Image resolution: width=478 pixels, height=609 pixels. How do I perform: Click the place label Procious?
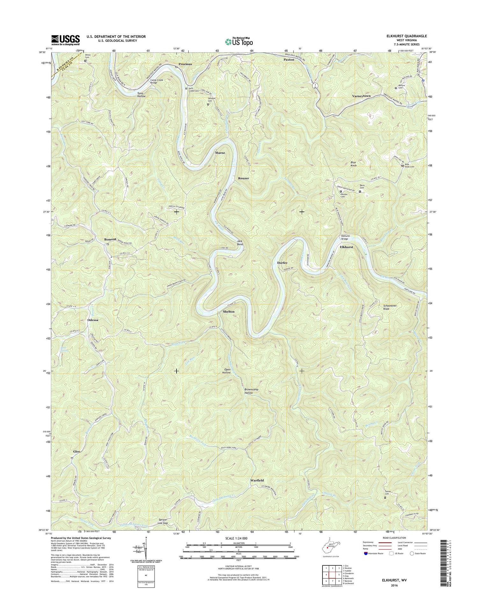185,64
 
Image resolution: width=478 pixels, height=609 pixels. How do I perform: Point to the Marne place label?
220,153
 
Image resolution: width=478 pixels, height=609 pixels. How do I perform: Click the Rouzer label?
243,178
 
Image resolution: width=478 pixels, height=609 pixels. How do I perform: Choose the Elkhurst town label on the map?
346,247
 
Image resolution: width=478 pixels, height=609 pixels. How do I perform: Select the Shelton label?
229,312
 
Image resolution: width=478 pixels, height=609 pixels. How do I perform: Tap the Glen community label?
76,452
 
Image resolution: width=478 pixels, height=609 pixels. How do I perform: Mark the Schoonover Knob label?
390,307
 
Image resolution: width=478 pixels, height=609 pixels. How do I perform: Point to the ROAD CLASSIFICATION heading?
393,538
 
